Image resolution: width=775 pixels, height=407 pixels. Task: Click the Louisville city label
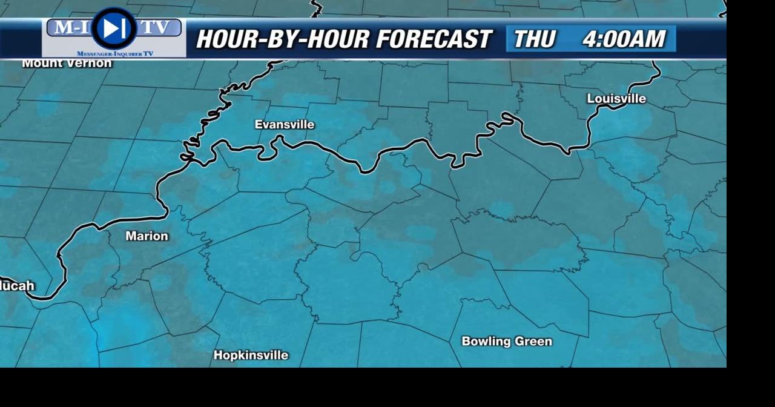click(616, 99)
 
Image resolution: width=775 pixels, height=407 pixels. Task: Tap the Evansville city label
click(285, 125)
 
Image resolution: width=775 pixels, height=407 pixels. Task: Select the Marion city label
click(147, 236)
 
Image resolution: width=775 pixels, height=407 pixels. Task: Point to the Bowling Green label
click(507, 342)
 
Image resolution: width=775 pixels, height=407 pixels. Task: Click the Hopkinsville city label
click(251, 356)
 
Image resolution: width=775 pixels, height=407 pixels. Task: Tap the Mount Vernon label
click(67, 63)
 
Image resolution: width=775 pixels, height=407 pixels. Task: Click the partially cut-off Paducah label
click(17, 286)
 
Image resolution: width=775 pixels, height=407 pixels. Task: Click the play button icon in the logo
click(113, 28)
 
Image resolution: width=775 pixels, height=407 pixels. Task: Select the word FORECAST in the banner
click(434, 39)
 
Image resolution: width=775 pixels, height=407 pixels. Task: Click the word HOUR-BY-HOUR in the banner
click(282, 39)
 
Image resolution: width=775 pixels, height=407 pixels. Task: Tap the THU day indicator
click(534, 39)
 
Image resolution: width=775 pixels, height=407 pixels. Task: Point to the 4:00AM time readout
click(624, 39)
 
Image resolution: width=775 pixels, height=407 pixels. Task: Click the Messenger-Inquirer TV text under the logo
click(115, 54)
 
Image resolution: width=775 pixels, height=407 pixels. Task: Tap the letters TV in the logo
click(159, 27)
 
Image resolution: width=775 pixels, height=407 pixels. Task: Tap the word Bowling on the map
click(484, 342)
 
